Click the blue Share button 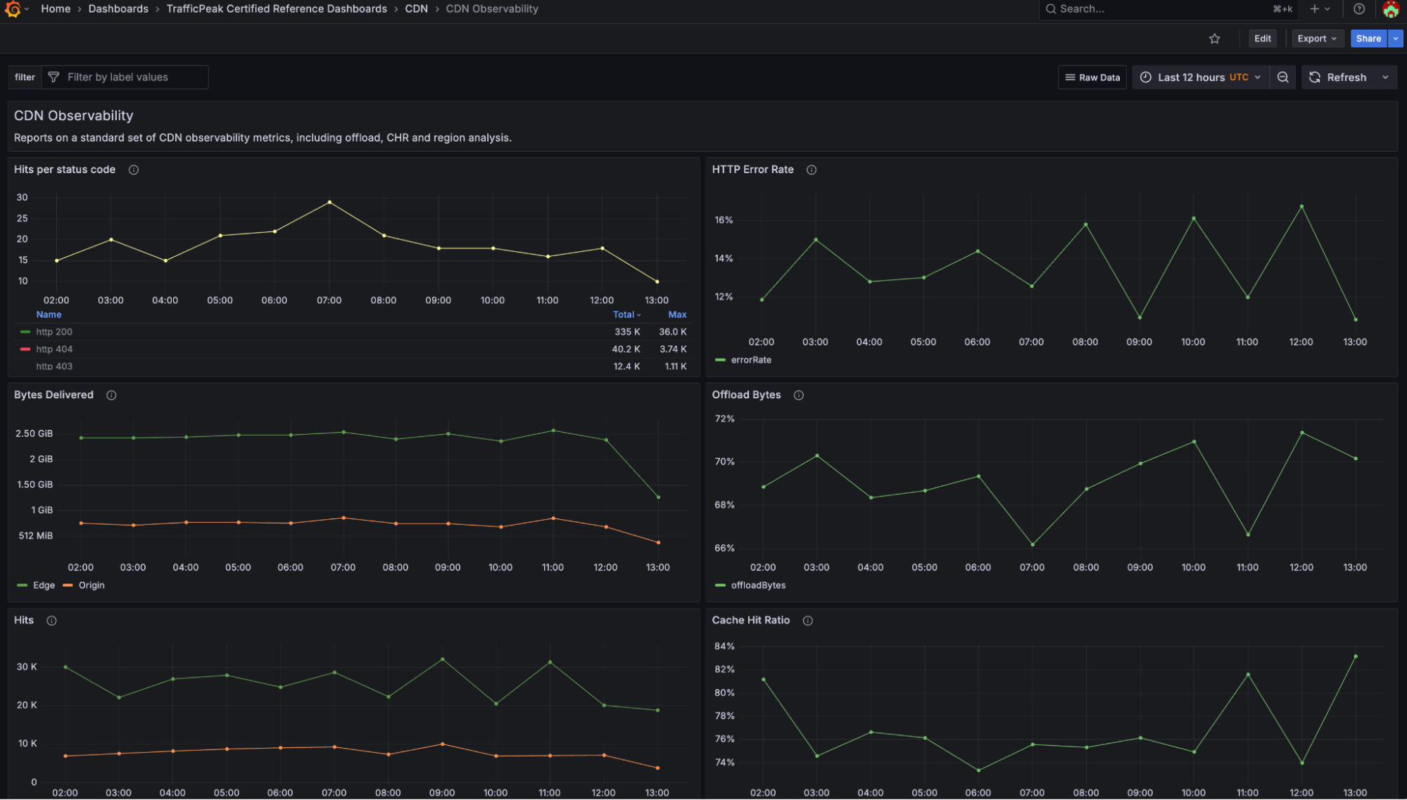(x=1368, y=39)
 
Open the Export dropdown (x=1316, y=39)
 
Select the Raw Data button (x=1092, y=77)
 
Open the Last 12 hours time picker (x=1201, y=77)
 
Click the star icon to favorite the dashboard (x=1214, y=39)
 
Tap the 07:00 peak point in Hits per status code (x=329, y=203)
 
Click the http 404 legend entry (x=54, y=349)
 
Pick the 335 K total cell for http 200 (x=626, y=332)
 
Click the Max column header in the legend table (x=677, y=315)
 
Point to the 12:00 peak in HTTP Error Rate (x=1301, y=207)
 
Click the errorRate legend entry (x=750, y=360)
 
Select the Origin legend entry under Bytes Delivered (x=91, y=585)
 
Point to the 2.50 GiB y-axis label (x=34, y=433)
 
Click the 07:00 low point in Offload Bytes (x=1033, y=545)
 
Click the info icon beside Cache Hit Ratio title (x=807, y=621)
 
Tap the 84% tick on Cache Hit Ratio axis (x=724, y=646)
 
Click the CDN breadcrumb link (x=416, y=9)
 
